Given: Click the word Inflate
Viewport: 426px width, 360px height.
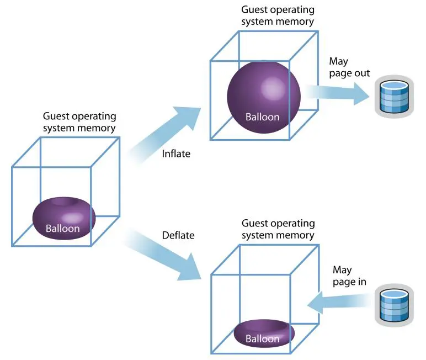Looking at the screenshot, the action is pyautogui.click(x=176, y=153).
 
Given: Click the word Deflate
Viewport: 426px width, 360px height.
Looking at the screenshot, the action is pyautogui.click(x=178, y=235).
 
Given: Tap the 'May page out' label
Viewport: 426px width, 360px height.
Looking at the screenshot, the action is pyautogui.click(x=349, y=67).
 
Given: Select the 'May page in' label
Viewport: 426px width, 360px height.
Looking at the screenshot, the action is pyautogui.click(x=349, y=276).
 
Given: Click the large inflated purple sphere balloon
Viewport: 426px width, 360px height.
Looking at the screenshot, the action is pyautogui.click(x=264, y=97).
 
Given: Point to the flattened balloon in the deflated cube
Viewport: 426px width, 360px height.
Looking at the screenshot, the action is pyautogui.click(x=264, y=333).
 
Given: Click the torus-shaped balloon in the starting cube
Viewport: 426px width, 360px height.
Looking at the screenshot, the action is pyautogui.click(x=64, y=218).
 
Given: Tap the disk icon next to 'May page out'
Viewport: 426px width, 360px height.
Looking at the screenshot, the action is pyautogui.click(x=394, y=97).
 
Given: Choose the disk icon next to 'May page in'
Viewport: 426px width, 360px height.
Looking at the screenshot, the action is pyautogui.click(x=394, y=305).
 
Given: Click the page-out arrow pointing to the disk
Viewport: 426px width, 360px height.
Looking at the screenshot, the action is pyautogui.click(x=337, y=93).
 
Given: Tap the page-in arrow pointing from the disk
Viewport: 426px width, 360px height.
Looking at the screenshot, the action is pyautogui.click(x=339, y=303).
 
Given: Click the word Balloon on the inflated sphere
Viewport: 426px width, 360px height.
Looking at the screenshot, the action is pyautogui.click(x=263, y=117).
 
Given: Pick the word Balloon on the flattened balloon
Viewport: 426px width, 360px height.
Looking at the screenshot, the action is pyautogui.click(x=263, y=339).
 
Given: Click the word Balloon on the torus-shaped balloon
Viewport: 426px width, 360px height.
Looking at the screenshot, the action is pyautogui.click(x=63, y=229).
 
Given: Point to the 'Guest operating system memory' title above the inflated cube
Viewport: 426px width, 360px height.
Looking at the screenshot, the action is pyautogui.click(x=278, y=15).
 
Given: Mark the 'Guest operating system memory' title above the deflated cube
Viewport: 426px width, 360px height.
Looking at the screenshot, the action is pyautogui.click(x=278, y=229).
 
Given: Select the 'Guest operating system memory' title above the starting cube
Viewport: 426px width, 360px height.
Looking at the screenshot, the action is pyautogui.click(x=79, y=122).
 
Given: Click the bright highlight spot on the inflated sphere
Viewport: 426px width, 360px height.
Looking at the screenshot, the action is pyautogui.click(x=273, y=88).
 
